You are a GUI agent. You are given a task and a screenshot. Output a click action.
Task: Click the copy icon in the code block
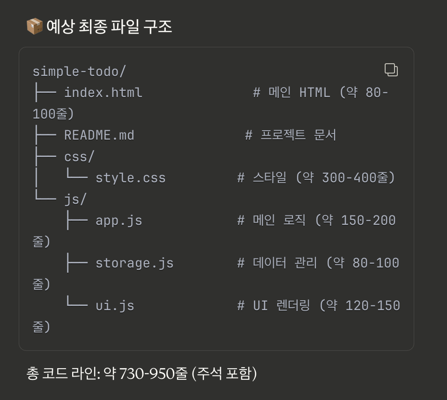pos(391,70)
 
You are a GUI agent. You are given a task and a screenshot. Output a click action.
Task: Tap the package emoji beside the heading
pos(34,27)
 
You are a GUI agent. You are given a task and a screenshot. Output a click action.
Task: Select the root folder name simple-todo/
pos(79,72)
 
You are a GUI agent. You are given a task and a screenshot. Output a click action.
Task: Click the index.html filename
pos(103,92)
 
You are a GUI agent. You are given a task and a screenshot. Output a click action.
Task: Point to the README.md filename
pos(99,135)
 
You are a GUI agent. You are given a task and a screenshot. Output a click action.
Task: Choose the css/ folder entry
pos(76,156)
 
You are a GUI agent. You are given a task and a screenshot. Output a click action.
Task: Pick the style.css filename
pos(131,178)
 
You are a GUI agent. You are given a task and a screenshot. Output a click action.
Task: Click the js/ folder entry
pos(75,199)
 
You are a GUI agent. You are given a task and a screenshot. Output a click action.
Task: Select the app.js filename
pos(119,220)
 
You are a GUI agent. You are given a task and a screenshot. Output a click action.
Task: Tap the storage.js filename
pos(134,263)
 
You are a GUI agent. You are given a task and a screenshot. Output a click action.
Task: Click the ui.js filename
pos(115,306)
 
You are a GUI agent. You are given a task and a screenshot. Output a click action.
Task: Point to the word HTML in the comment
pos(314,92)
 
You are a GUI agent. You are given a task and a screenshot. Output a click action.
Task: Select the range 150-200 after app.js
pos(368,220)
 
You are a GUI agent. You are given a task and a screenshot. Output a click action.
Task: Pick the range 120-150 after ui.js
pos(372,306)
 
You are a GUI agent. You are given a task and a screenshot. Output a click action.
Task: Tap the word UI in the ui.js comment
pos(261,306)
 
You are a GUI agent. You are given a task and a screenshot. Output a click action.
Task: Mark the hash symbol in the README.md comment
pos(249,135)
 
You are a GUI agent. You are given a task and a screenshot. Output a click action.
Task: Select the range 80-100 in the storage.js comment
pos(376,263)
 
